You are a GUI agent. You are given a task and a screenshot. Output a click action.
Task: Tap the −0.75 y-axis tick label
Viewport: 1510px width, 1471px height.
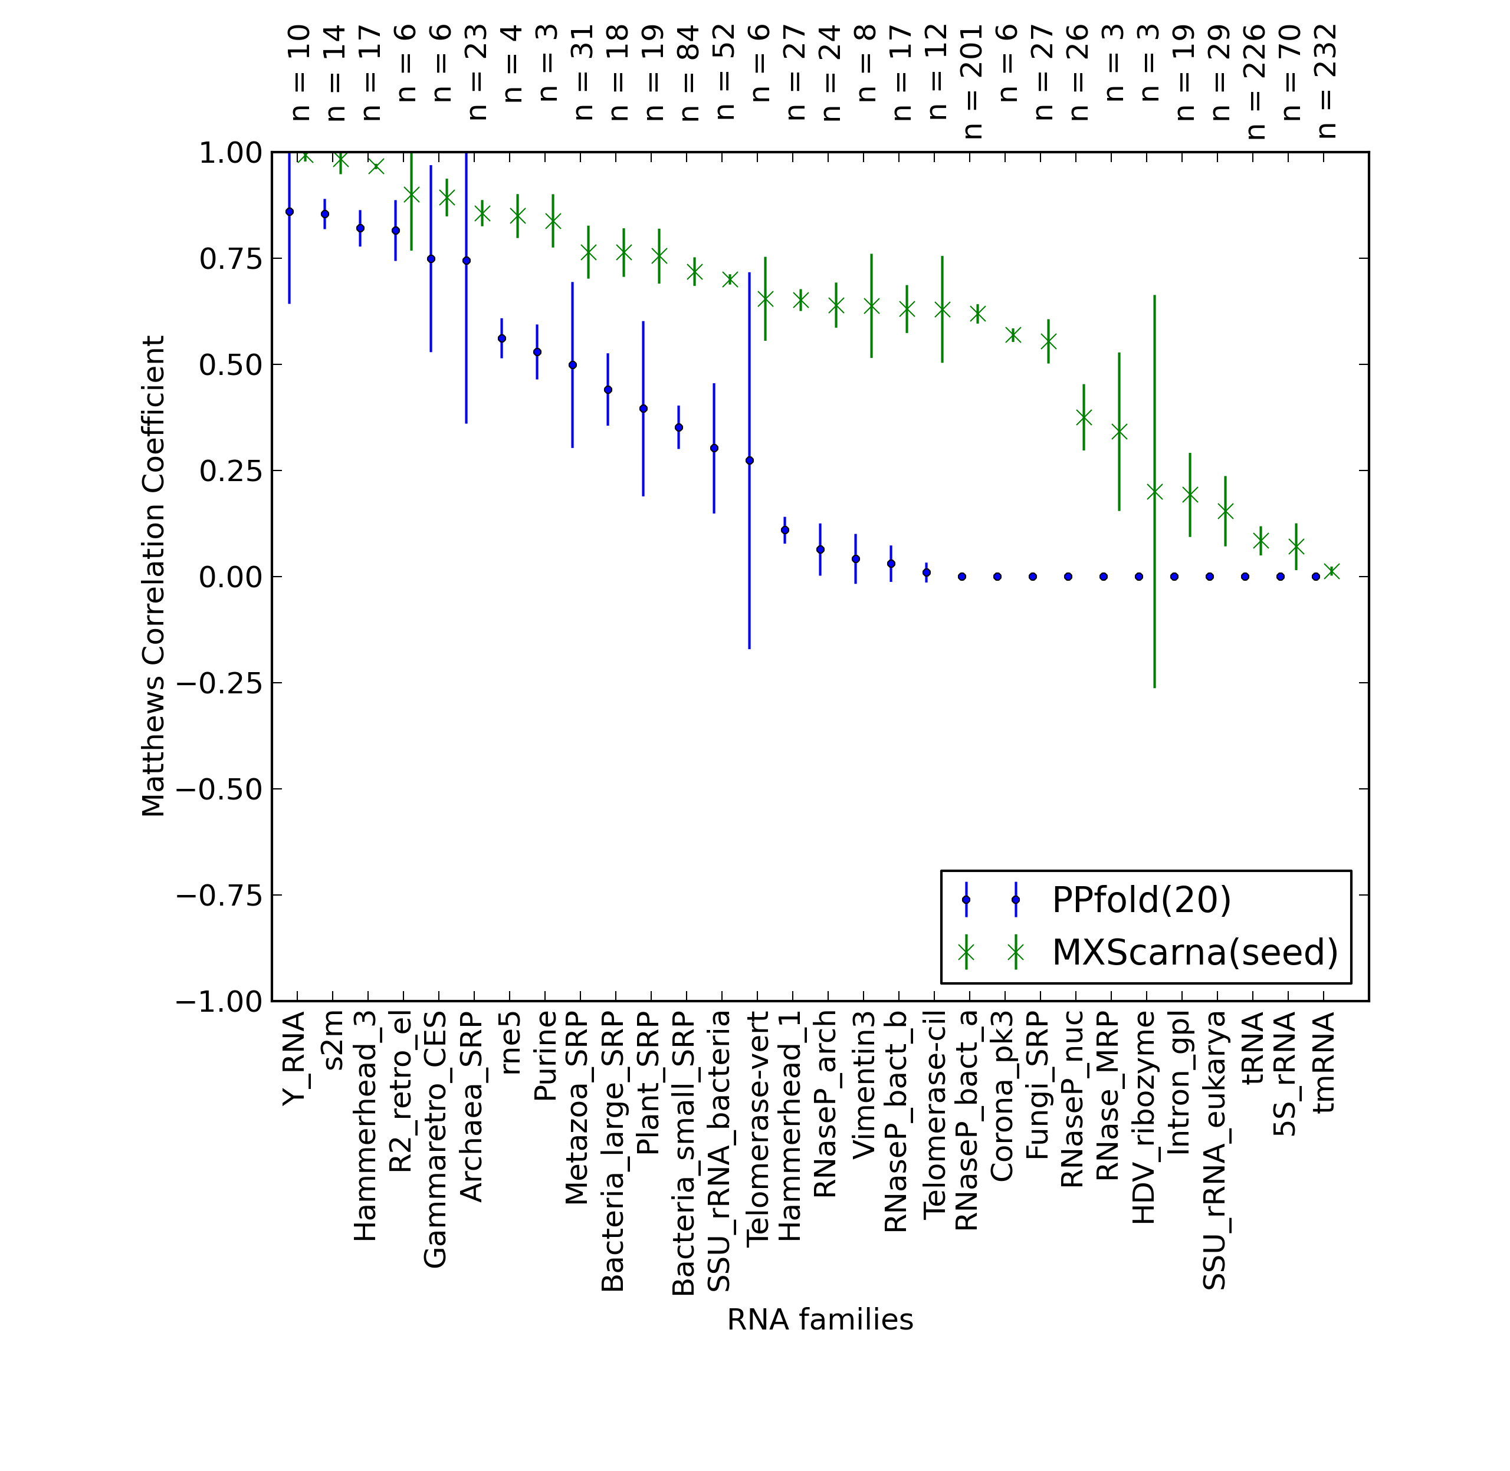pyautogui.click(x=219, y=896)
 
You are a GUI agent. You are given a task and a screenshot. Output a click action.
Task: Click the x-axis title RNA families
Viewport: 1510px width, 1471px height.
pyautogui.click(x=820, y=1319)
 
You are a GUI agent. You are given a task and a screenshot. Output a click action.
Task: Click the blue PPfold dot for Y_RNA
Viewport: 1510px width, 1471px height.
pyautogui.click(x=290, y=212)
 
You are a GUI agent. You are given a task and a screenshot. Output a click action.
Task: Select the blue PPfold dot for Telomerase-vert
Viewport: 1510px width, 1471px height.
pyautogui.click(x=750, y=460)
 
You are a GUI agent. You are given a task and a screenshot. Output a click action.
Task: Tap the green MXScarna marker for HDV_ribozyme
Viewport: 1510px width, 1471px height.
pyautogui.click(x=1154, y=491)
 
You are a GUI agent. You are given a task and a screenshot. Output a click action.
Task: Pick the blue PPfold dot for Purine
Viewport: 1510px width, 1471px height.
pyautogui.click(x=537, y=351)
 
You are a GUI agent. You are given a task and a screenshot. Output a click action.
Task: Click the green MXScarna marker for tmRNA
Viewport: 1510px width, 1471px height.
pyautogui.click(x=1331, y=571)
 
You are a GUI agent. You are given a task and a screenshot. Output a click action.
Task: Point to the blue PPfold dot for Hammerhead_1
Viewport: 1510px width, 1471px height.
pyautogui.click(x=785, y=530)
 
